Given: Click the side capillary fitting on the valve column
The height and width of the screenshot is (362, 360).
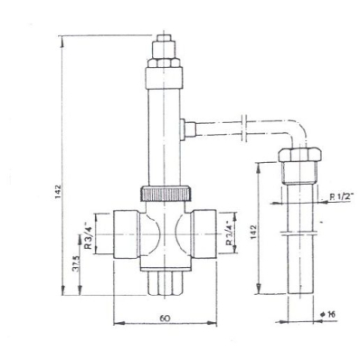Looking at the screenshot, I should click(x=185, y=127).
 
